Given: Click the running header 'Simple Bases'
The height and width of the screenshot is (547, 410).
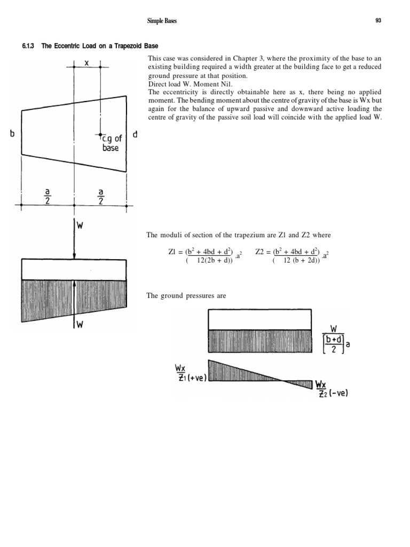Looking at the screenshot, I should click(x=162, y=21).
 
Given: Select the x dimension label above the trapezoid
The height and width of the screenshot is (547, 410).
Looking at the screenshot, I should click(x=87, y=62).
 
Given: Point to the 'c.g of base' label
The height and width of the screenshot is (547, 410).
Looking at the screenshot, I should click(x=110, y=143).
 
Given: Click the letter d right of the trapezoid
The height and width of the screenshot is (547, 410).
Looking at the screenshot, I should click(x=135, y=135).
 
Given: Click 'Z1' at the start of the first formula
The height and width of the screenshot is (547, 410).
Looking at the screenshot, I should click(x=172, y=251).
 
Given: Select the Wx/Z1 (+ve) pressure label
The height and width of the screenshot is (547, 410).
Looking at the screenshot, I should click(x=190, y=373).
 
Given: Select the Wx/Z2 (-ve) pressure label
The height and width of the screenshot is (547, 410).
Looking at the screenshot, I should click(x=331, y=389).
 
